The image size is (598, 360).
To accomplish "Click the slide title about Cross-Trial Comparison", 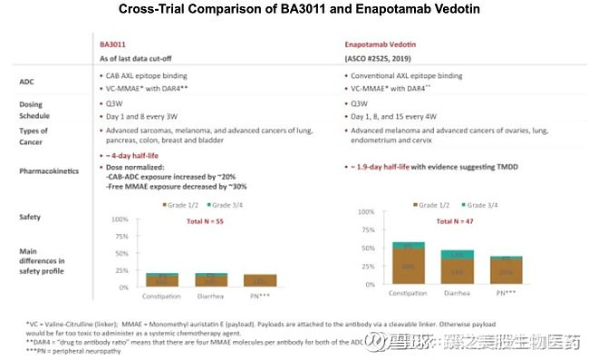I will coord(298,10).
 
